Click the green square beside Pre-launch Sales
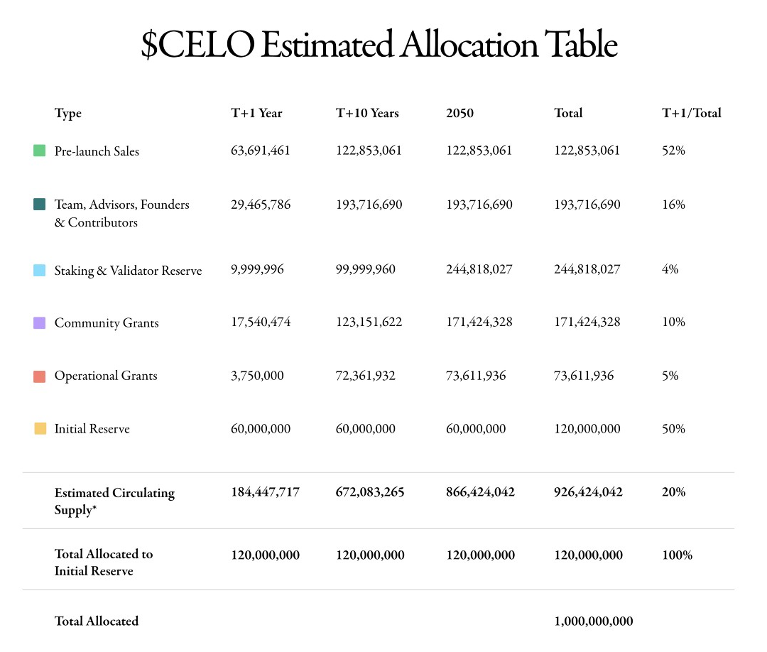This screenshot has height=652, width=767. [x=40, y=151]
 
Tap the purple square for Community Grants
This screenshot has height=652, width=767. [x=40, y=322]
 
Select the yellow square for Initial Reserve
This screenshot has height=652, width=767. [x=40, y=429]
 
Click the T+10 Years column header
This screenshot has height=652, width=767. [x=367, y=113]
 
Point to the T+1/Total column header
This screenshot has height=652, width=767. [x=691, y=113]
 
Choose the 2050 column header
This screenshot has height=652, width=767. [x=459, y=113]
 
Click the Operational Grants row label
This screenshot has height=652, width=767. [x=106, y=376]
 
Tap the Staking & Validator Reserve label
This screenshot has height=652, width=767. [x=128, y=271]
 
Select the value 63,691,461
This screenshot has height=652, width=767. [x=261, y=151]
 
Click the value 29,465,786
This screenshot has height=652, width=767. [x=261, y=205]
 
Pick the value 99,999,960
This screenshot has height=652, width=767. [x=366, y=270]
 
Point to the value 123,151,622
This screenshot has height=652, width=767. [x=369, y=322]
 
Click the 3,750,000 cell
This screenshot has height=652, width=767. [x=257, y=376]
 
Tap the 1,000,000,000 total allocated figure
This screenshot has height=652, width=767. [x=593, y=621]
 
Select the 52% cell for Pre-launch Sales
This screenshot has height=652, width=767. [x=673, y=151]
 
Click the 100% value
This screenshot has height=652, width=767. [x=677, y=555]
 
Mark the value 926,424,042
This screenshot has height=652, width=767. [x=588, y=492]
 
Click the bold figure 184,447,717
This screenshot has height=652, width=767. [x=265, y=492]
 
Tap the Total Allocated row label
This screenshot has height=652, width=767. [x=97, y=621]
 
